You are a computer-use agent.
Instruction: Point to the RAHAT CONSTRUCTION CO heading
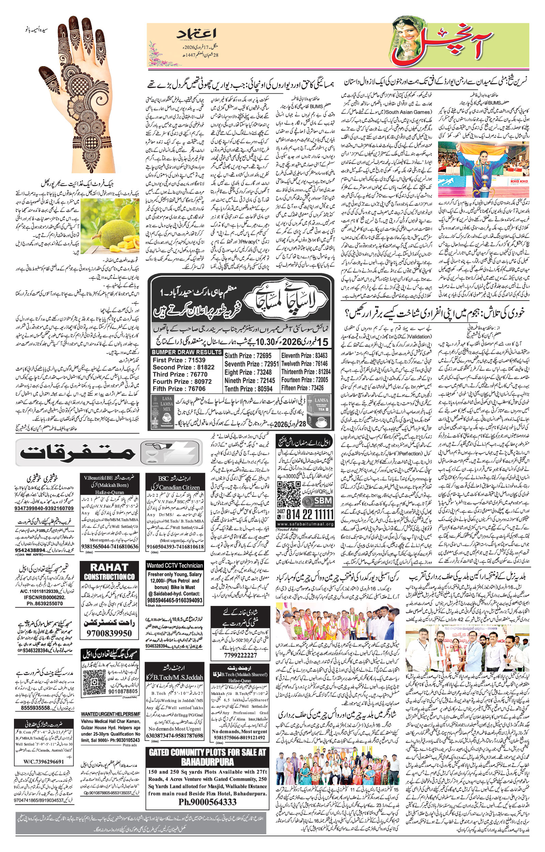coord(109,572)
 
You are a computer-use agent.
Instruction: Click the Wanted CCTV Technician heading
coord(175,565)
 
